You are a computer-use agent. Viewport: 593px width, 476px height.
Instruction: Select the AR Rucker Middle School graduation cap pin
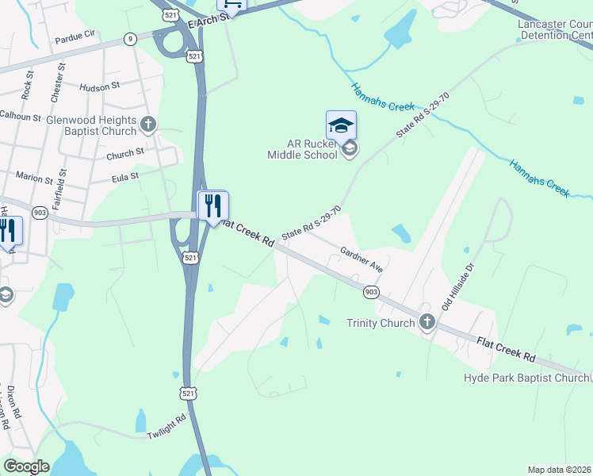(341, 125)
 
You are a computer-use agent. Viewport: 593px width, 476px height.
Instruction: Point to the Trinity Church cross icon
(427, 322)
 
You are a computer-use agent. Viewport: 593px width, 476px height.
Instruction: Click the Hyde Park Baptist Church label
(526, 378)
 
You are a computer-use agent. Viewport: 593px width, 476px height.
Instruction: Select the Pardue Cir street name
(75, 38)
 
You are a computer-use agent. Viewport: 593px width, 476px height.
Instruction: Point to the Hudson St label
(99, 85)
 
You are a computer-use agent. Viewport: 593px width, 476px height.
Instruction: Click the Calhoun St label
(21, 117)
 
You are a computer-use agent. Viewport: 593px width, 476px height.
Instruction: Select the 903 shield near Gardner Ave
(371, 292)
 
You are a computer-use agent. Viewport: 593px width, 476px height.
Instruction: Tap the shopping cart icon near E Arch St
(231, 5)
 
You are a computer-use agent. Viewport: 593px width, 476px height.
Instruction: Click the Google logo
(26, 466)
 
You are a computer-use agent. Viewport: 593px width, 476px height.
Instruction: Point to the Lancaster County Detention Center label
(555, 31)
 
